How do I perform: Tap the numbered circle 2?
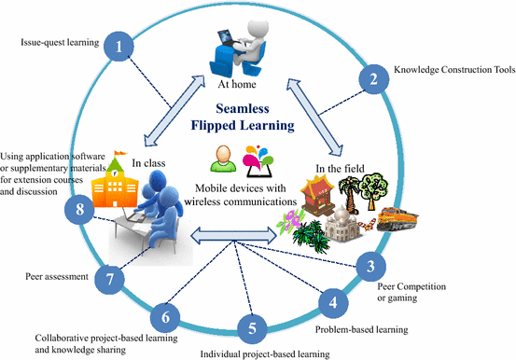(x=374, y=78)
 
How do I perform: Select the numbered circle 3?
(x=370, y=269)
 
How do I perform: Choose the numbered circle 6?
(x=164, y=317)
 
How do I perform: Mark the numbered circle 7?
(x=110, y=279)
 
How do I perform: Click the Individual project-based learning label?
(x=266, y=354)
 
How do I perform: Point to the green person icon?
(x=222, y=159)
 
